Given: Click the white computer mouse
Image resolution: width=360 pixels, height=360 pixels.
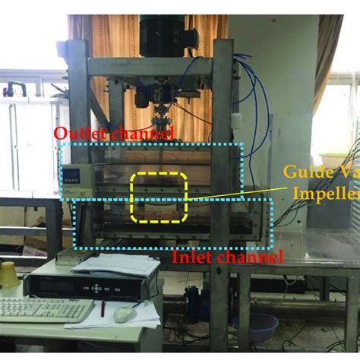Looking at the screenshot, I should tap(125, 313).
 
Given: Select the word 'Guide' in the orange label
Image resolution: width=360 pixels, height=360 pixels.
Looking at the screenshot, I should tap(301, 172).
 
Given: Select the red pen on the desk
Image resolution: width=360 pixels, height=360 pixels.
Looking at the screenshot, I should tap(103, 308).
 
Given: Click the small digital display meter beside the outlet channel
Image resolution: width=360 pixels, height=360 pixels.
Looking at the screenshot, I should tap(71, 176).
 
